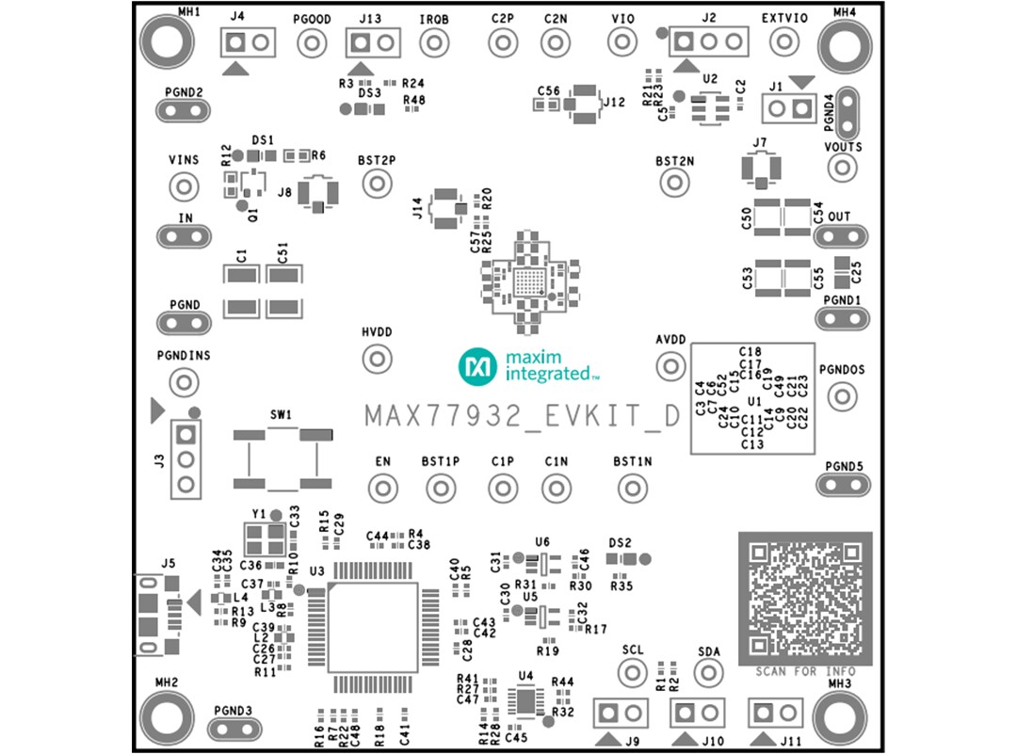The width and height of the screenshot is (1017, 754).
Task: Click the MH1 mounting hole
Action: click(168, 41)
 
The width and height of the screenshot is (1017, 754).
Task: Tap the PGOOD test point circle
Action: click(311, 42)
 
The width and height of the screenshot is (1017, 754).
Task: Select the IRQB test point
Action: click(433, 42)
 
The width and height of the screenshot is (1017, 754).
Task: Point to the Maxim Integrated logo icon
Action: click(477, 366)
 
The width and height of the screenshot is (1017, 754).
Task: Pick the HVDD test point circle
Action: click(377, 359)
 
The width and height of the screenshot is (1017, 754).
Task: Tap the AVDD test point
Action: click(670, 365)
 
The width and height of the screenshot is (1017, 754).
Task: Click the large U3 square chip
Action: click(374, 628)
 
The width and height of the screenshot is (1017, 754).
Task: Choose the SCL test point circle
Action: click(633, 672)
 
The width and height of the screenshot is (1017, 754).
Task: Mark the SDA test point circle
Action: click(708, 672)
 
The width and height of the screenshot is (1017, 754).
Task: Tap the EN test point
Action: click(382, 489)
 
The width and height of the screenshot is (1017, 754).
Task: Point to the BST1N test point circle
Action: click(632, 489)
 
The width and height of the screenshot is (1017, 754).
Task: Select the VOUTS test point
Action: click(842, 168)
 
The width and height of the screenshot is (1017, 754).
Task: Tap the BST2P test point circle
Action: click(377, 183)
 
